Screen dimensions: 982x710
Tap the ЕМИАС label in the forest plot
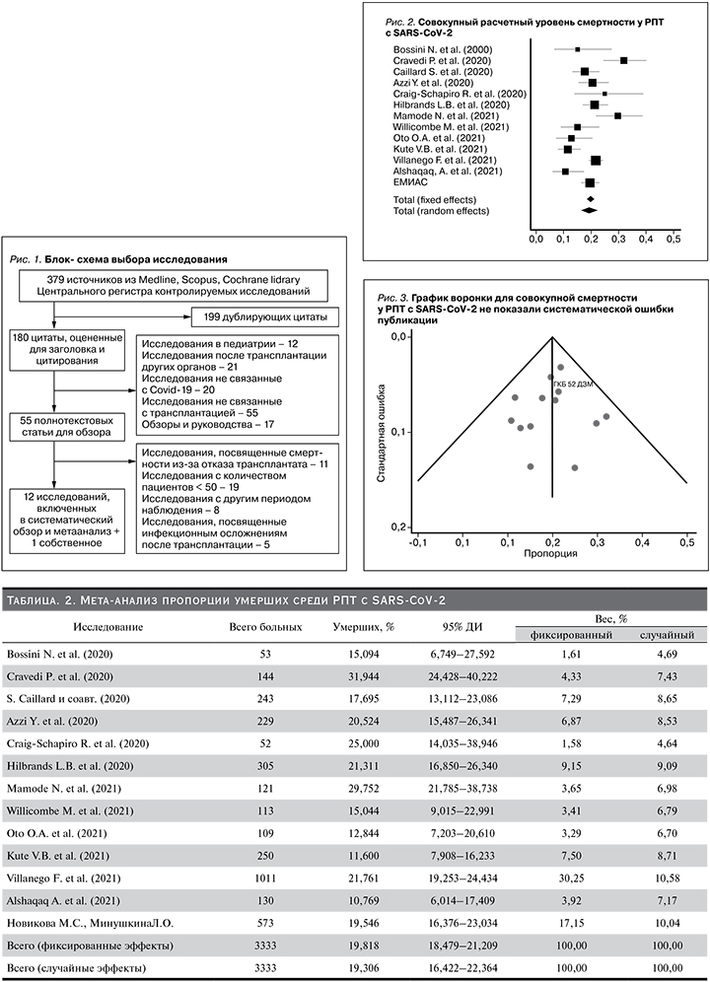click(410, 182)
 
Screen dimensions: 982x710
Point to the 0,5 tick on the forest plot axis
click(674, 239)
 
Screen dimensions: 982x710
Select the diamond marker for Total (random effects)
click(590, 210)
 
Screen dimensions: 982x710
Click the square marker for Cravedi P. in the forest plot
click(623, 61)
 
